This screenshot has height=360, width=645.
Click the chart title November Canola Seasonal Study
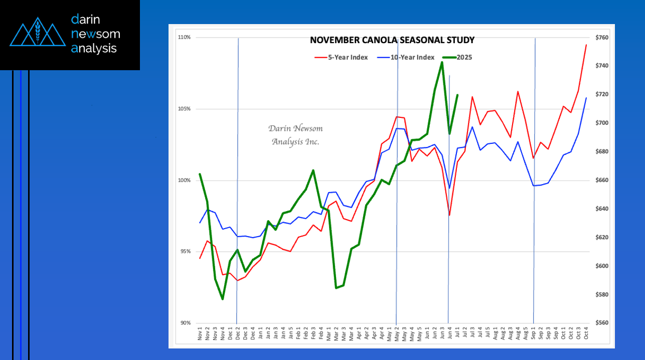pos(392,40)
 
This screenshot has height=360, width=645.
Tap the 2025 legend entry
pos(464,57)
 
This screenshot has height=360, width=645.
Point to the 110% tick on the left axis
pos(185,38)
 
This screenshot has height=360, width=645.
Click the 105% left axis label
pos(185,109)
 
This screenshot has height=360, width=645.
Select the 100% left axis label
pos(185,181)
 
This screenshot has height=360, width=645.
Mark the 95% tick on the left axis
pos(186,252)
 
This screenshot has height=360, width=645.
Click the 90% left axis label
pos(186,323)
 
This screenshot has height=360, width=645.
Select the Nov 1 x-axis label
pos(200,335)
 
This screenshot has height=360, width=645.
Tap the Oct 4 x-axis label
pos(585,335)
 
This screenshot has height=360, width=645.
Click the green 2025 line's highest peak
pos(442,62)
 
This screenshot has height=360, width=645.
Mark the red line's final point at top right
pos(586,45)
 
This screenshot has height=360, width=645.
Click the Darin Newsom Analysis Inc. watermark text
pos(295,135)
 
